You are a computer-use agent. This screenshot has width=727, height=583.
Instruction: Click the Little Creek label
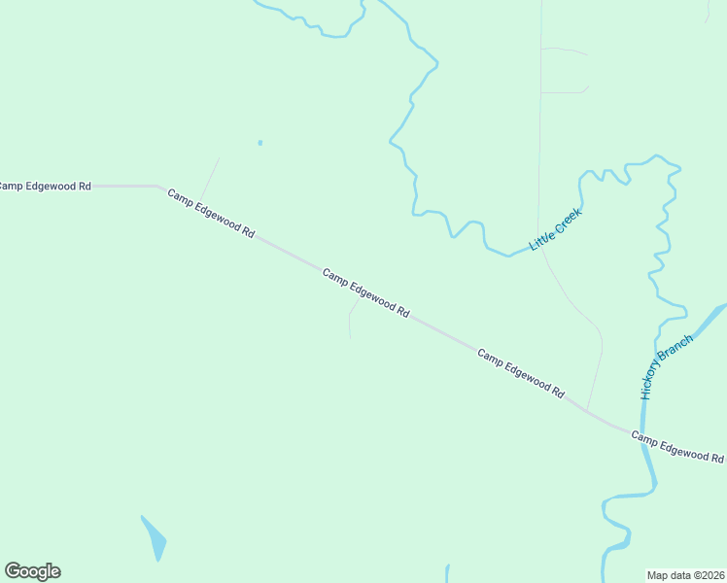point(555,229)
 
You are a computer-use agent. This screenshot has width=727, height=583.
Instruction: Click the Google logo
point(32,571)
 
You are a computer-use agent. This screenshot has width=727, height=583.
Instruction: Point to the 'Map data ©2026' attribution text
point(685,575)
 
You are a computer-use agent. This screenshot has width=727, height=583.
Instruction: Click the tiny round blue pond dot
point(260,143)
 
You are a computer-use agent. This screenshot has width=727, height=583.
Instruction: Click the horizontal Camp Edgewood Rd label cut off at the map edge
point(45,185)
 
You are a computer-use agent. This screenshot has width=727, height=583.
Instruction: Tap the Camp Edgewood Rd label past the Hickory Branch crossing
point(677,447)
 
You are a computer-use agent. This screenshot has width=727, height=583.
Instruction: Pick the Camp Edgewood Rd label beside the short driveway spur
point(365,293)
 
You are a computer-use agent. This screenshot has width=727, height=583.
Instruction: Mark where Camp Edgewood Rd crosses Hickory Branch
point(642,433)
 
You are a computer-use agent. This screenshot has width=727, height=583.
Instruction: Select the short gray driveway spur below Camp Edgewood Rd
point(350,321)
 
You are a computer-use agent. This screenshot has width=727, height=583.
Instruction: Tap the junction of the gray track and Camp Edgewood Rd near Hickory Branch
point(587,409)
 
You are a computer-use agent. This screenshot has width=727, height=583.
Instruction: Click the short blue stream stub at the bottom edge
point(447,573)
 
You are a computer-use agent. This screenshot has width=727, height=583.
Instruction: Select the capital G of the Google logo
point(14,571)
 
